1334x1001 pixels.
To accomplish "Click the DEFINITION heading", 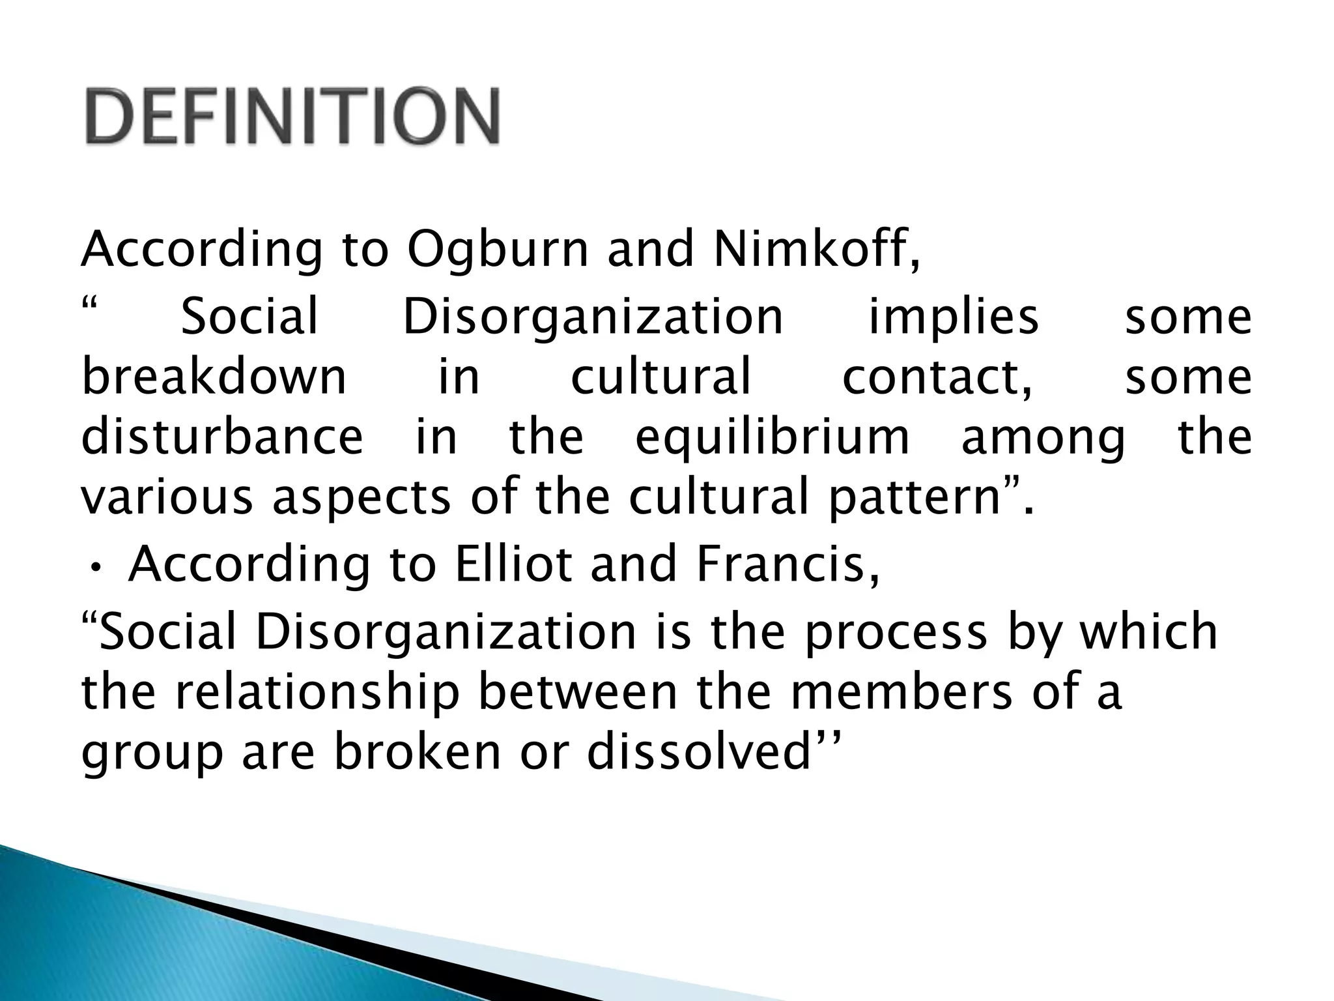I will (292, 117).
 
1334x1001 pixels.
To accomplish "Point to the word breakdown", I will (214, 377).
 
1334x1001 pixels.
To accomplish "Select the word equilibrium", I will (773, 438).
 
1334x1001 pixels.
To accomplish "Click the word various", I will (167, 497).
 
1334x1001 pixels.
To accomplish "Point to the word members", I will (901, 692).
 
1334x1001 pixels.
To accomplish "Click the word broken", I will (418, 753).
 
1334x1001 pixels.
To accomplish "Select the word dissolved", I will (698, 753).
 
